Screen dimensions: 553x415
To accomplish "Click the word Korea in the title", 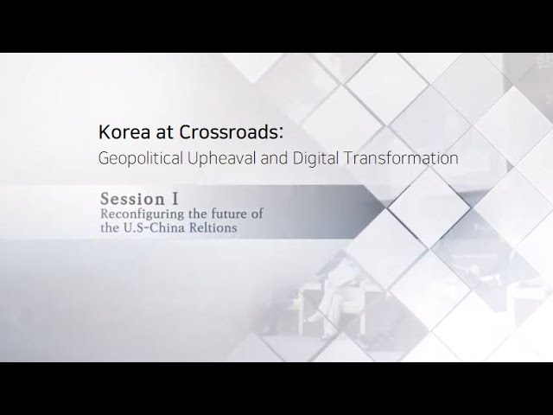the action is (x=124, y=132).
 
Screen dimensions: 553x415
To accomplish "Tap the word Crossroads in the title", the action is (x=228, y=132).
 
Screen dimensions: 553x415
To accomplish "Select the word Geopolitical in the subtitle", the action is (x=140, y=158).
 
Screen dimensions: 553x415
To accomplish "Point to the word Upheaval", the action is (x=221, y=157).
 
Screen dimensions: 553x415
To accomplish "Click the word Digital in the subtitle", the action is (x=315, y=158).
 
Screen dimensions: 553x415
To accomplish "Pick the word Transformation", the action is (x=401, y=157).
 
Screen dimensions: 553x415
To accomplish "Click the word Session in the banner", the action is (x=132, y=199).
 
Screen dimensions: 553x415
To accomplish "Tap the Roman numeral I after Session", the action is (x=175, y=199).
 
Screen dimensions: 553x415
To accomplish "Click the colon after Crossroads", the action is (x=281, y=133).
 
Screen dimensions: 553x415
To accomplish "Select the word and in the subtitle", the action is (x=274, y=158).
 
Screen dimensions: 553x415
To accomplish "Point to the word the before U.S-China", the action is (x=110, y=227).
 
